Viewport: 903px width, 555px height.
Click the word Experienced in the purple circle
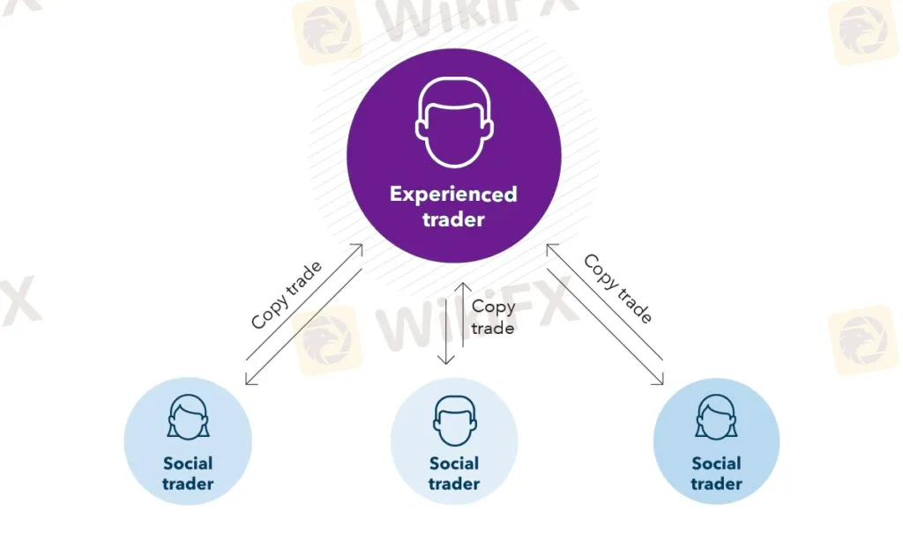coord(453,194)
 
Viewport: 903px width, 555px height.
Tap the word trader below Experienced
coord(453,219)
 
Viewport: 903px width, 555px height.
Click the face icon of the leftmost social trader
coord(188,417)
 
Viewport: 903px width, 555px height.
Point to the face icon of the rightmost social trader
coord(716,417)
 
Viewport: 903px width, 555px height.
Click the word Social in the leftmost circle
coord(188,463)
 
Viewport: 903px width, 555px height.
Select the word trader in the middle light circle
coord(454,484)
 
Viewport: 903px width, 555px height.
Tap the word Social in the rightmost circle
coord(716,463)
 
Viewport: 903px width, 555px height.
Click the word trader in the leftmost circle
coord(188,484)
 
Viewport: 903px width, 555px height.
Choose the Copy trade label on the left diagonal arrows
coord(287,294)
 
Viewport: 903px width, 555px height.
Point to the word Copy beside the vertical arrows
coord(493,307)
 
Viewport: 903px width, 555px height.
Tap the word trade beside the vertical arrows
coord(493,328)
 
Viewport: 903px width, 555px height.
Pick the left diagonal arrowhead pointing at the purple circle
coord(359,248)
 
